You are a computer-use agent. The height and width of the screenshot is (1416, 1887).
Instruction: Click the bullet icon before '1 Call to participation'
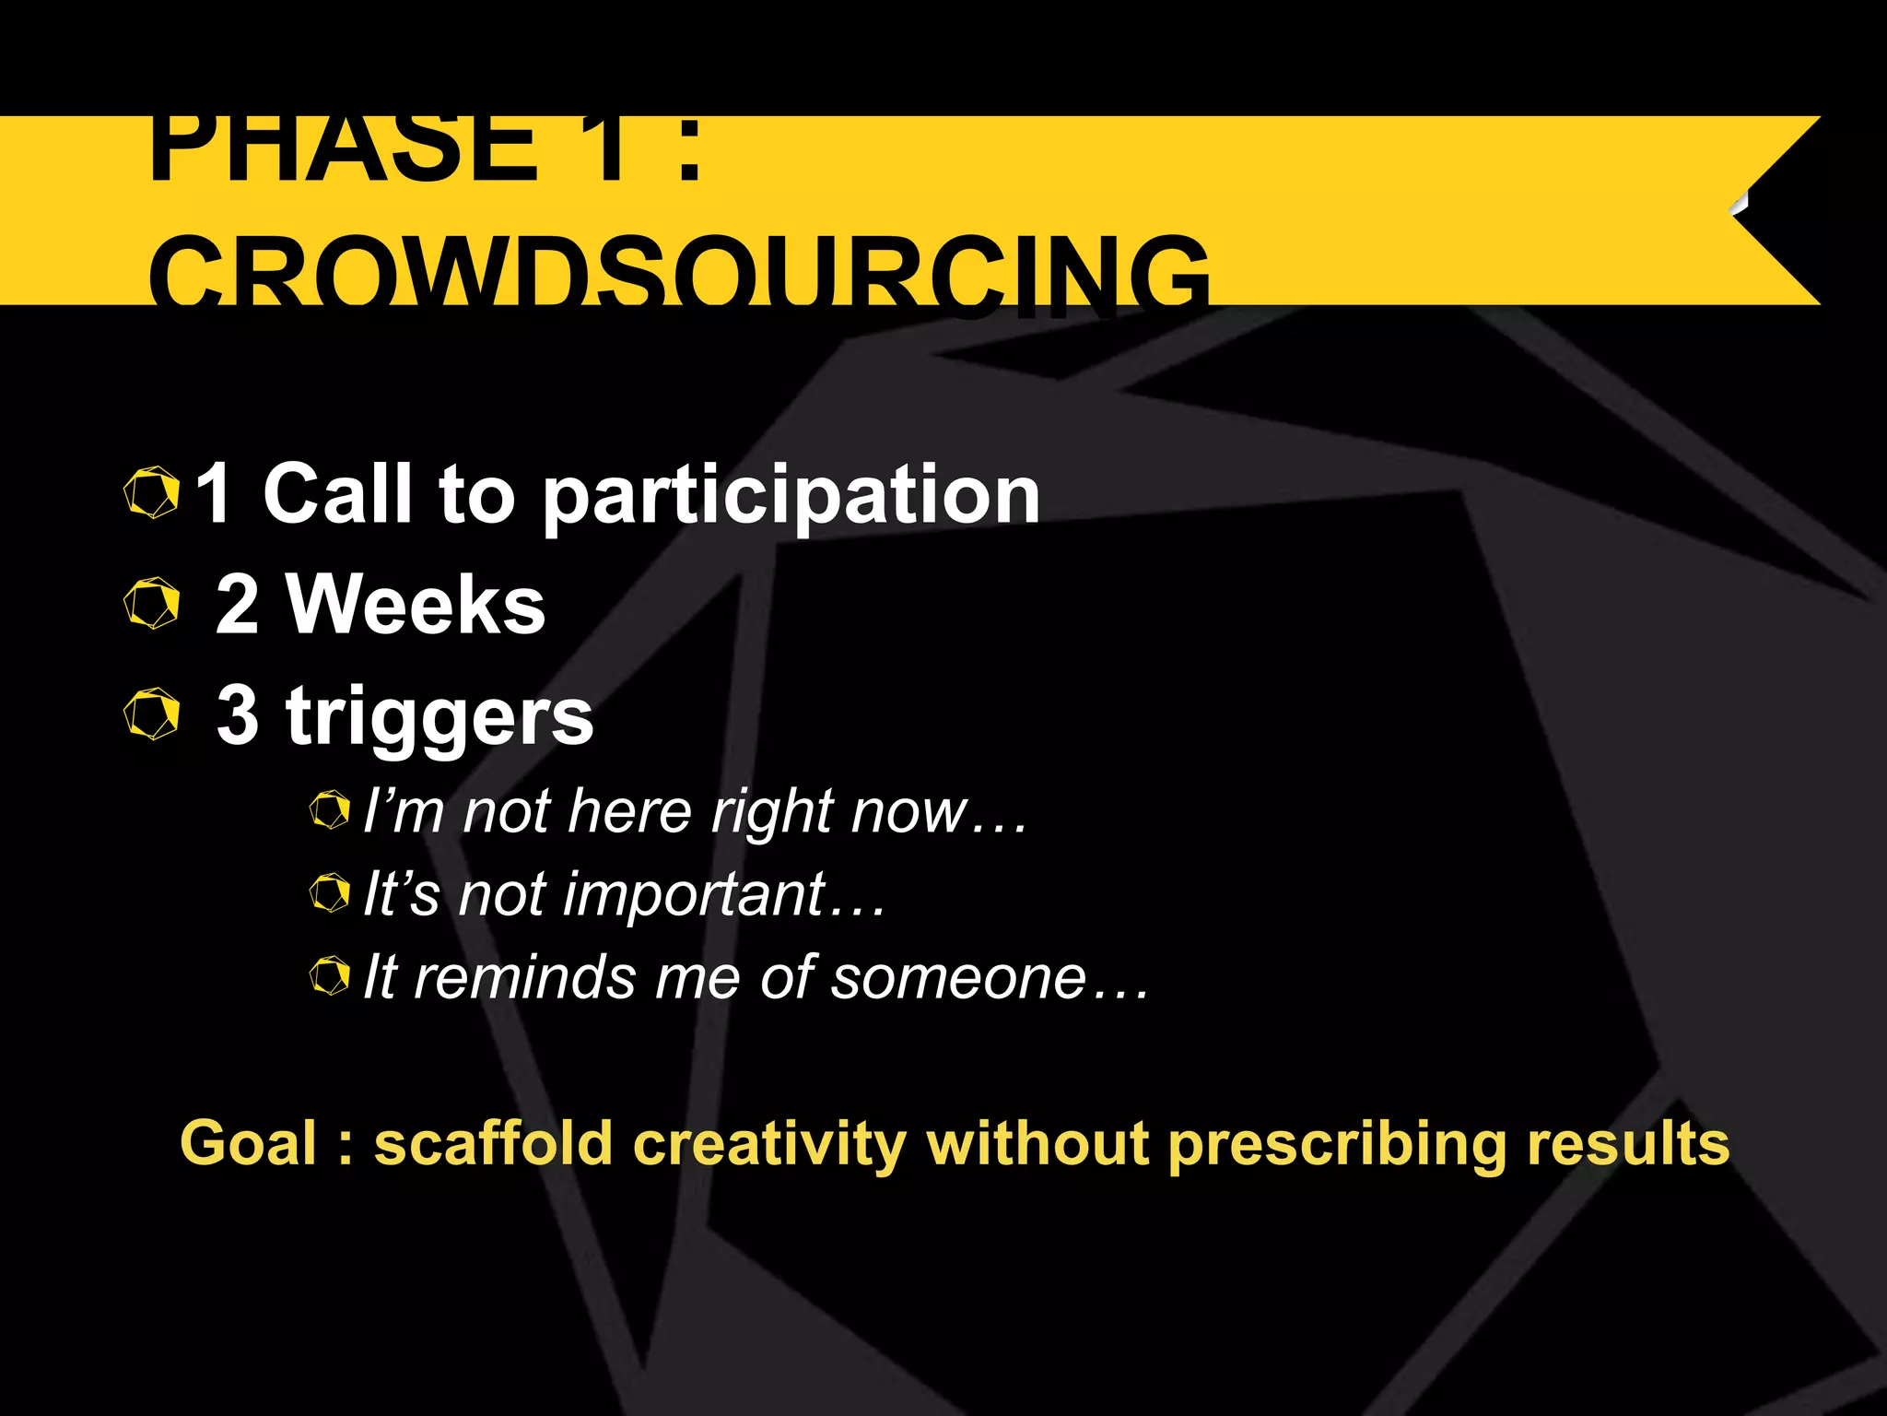click(x=151, y=492)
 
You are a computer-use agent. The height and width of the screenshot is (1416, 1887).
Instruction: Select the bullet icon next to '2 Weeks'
click(x=151, y=604)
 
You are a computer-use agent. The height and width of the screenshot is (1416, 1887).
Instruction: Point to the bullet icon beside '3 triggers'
click(x=151, y=714)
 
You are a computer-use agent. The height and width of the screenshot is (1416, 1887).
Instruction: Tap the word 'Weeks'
click(x=416, y=605)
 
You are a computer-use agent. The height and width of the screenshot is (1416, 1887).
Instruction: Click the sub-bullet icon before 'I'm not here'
click(x=329, y=810)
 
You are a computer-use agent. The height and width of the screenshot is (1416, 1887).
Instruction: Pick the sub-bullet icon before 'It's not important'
click(x=329, y=892)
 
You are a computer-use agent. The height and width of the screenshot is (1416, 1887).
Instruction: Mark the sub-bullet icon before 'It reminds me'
click(x=329, y=975)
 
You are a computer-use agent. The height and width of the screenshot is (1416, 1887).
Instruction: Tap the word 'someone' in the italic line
click(x=959, y=977)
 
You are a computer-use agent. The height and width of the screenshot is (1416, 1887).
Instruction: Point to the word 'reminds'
click(x=524, y=977)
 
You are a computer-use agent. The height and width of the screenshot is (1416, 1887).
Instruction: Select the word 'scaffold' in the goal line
click(x=493, y=1143)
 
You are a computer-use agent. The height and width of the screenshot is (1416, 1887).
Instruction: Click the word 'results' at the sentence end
click(x=1628, y=1143)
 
